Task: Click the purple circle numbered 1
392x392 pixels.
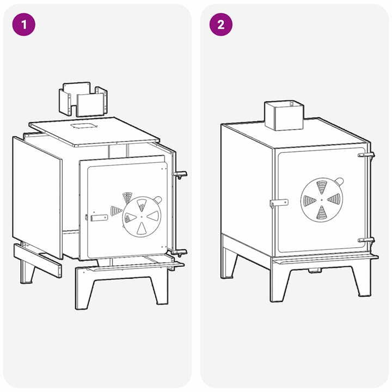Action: coord(24,24)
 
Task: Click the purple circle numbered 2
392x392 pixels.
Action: coord(220,24)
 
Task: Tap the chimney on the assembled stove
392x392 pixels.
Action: coord(284,115)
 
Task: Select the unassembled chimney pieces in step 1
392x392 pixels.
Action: coord(83,99)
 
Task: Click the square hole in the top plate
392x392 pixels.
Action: coord(83,126)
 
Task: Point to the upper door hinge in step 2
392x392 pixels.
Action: coord(366,155)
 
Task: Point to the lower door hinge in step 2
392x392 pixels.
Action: coord(366,240)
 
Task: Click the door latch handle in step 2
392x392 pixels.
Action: coord(279,203)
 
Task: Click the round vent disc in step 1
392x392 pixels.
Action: coord(142,217)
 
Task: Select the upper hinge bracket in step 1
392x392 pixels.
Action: coord(180,175)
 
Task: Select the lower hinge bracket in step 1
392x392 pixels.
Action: coord(180,253)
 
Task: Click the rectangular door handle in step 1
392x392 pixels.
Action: coord(99,218)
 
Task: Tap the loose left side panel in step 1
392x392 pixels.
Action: coord(37,197)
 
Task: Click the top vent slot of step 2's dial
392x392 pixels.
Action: coord(322,187)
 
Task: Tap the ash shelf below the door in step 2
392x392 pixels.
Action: coord(325,259)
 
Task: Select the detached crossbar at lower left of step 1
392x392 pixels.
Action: coord(38,260)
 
